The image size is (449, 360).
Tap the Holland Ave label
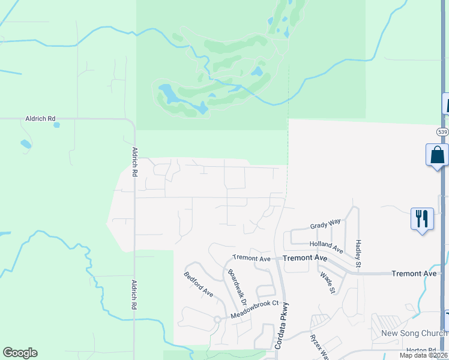pyautogui.click(x=326, y=245)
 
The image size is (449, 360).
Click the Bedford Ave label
pyautogui.click(x=199, y=284)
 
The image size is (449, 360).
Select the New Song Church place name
pyautogui.click(x=409, y=334)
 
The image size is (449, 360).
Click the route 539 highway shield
pyautogui.click(x=442, y=131)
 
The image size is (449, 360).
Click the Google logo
pyautogui.click(x=20, y=353)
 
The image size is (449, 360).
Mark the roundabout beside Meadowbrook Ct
pyautogui.click(x=218, y=320)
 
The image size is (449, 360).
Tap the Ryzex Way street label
pyautogui.click(x=319, y=346)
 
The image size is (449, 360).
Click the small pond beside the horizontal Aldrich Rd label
pyautogui.click(x=57, y=125)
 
